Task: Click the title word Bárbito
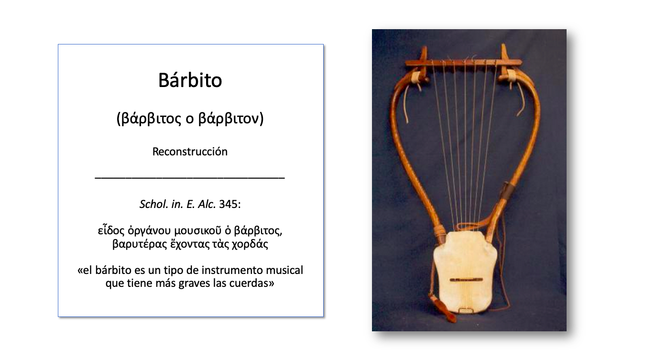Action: click(x=190, y=80)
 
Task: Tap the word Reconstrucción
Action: click(x=190, y=152)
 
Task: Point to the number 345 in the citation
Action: click(x=228, y=205)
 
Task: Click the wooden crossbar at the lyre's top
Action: click(x=463, y=62)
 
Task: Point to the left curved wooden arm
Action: click(x=404, y=143)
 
